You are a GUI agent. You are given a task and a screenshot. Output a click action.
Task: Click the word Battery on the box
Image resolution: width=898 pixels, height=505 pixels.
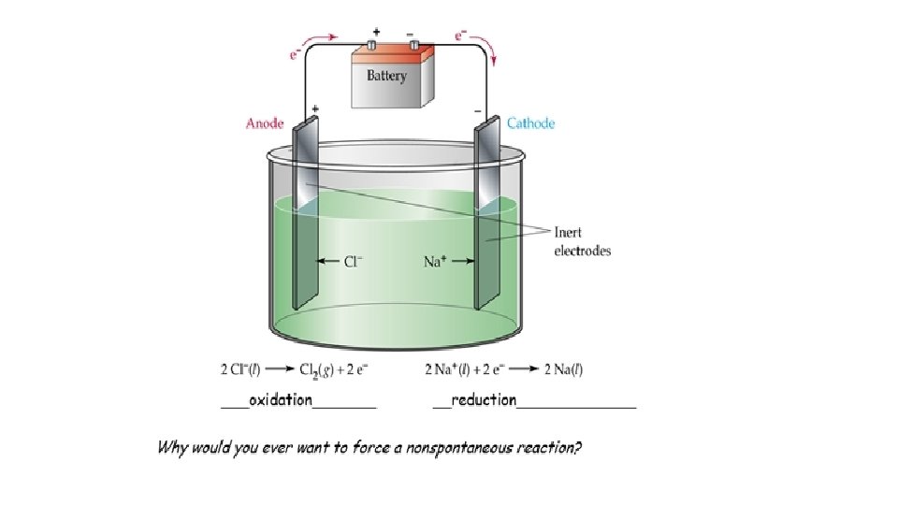pyautogui.click(x=385, y=76)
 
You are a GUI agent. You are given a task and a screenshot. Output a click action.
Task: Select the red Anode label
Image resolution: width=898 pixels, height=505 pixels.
pyautogui.click(x=265, y=123)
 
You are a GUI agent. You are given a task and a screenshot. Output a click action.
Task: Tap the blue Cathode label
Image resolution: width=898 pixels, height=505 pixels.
pyautogui.click(x=530, y=123)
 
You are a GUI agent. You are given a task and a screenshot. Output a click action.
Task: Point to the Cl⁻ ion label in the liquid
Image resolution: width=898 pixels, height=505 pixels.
pyautogui.click(x=352, y=261)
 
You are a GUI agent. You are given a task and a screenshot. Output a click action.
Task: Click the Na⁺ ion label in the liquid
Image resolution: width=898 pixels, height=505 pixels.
pyautogui.click(x=432, y=262)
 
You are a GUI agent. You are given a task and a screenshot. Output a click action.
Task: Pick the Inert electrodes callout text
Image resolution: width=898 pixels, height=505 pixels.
pyautogui.click(x=582, y=240)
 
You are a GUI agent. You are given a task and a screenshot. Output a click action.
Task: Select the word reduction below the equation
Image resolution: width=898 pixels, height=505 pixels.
pyautogui.click(x=483, y=399)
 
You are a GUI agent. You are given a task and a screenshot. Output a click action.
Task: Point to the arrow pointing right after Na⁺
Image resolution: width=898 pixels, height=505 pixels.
pyautogui.click(x=457, y=262)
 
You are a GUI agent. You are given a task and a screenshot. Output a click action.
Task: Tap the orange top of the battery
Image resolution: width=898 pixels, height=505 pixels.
pyautogui.click(x=393, y=54)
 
